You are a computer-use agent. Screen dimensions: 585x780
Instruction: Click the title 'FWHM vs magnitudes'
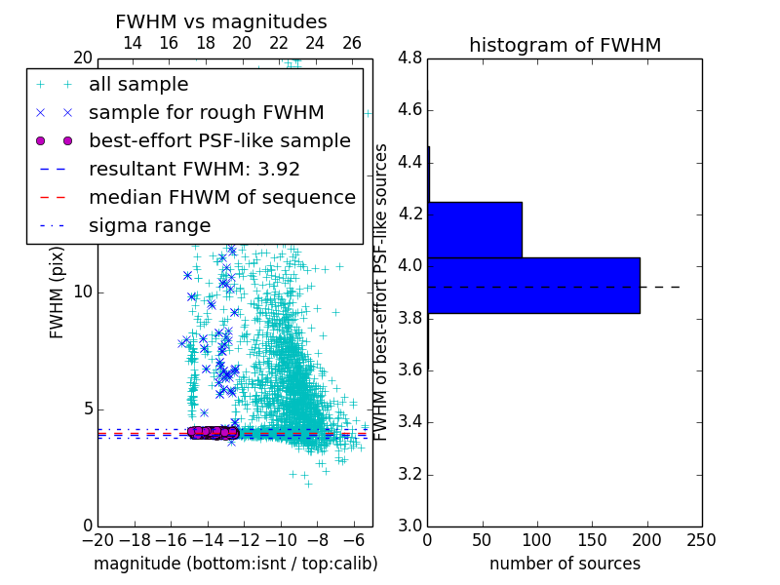221,22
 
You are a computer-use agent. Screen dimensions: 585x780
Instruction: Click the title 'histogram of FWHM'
565,45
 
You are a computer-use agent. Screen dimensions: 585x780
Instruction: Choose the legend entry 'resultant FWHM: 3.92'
194,169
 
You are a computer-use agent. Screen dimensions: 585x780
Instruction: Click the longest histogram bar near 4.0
533,285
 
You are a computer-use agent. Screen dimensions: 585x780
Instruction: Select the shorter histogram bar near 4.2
475,229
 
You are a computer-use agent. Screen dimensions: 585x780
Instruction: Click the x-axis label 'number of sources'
565,564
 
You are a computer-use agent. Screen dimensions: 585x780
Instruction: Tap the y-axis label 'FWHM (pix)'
58,292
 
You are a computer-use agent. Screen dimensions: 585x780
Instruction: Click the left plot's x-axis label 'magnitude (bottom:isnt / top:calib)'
235,564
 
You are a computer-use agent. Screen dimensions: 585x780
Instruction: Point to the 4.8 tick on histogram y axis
410,58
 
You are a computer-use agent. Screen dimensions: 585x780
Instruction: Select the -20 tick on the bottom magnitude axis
97,538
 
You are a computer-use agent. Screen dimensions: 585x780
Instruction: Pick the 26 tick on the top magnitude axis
352,43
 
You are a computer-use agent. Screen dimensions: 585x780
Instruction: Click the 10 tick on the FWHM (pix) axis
84,292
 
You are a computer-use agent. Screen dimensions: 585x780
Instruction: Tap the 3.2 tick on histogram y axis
410,474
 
